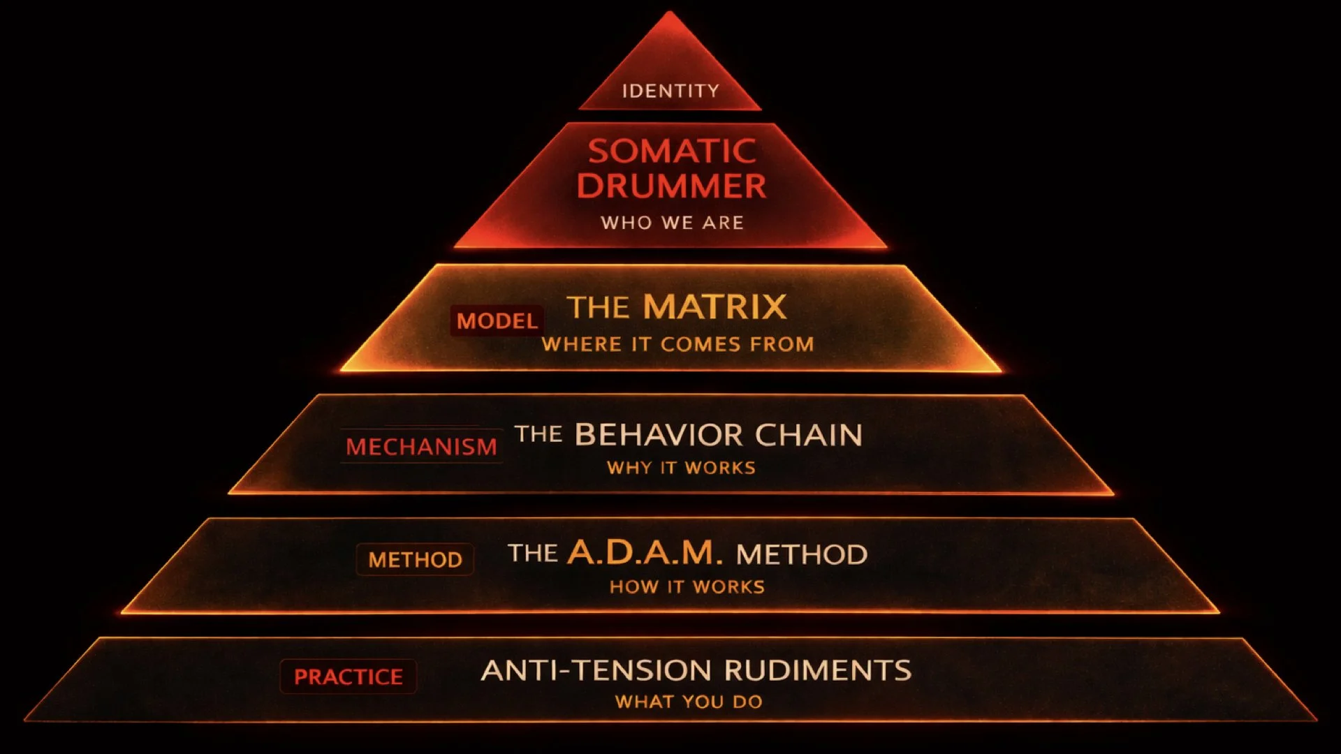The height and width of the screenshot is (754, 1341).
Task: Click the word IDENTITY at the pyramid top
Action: [x=670, y=91]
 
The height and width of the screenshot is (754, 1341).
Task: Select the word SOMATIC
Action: [x=672, y=151]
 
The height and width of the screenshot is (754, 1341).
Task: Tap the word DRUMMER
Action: [x=671, y=186]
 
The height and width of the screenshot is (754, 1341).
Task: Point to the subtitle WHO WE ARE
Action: [x=672, y=223]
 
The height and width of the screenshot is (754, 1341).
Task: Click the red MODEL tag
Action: [x=497, y=321]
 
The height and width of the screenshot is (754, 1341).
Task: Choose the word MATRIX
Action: [x=715, y=307]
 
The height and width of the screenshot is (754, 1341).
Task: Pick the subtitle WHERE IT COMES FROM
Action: [x=677, y=344]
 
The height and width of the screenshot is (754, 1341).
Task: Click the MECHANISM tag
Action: [x=421, y=447]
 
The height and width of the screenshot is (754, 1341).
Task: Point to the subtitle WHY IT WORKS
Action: [x=681, y=468]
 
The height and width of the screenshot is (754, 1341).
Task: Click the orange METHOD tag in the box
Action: [x=415, y=560]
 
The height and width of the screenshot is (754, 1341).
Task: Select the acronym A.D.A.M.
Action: [x=644, y=553]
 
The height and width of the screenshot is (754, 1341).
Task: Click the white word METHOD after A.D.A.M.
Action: [x=802, y=554]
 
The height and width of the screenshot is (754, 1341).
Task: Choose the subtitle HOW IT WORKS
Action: [x=687, y=587]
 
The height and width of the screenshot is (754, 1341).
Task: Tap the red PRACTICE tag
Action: [x=348, y=677]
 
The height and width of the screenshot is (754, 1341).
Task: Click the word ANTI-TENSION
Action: [x=598, y=671]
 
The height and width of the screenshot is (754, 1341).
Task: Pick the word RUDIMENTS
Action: [x=818, y=671]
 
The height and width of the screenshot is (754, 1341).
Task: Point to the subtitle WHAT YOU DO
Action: [x=689, y=702]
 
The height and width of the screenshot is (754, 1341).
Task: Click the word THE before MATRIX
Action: [x=599, y=308]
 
